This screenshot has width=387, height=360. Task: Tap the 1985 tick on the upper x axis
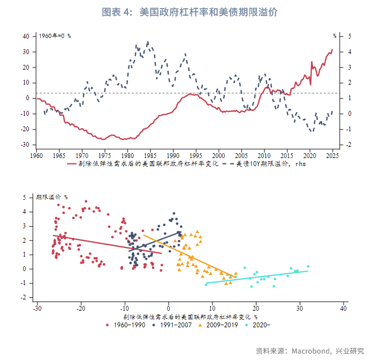[150, 156]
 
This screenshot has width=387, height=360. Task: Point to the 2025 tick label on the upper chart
[332, 156]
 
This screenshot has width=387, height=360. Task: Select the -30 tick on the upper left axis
[25, 145]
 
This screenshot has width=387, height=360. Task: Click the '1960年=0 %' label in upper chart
[55, 36]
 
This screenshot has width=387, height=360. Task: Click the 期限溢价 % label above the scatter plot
[52, 197]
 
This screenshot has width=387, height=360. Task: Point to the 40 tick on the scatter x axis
[344, 309]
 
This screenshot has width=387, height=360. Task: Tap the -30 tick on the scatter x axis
[37, 309]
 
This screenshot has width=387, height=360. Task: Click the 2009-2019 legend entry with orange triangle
[220, 325]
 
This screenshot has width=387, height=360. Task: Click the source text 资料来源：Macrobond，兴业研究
[310, 351]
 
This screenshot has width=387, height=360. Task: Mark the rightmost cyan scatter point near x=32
[308, 266]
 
